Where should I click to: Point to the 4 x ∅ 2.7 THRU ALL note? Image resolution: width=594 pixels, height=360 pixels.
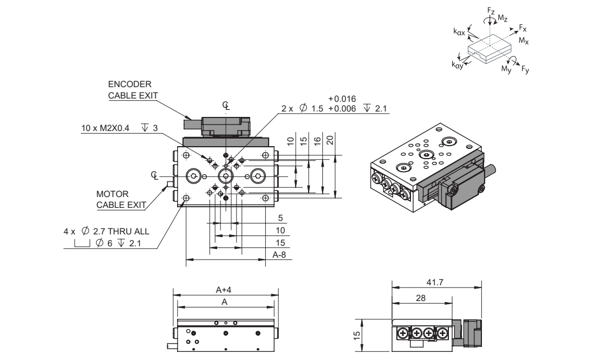pos(106,232)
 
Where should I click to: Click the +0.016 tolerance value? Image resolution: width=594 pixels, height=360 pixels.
pos(342,99)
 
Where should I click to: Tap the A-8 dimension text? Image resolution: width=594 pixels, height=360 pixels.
pos(279,254)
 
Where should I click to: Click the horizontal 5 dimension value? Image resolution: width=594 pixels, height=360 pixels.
pos(279,218)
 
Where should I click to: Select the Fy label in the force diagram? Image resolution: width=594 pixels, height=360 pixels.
pos(525,70)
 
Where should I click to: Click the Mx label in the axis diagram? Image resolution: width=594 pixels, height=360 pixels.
pos(523,41)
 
